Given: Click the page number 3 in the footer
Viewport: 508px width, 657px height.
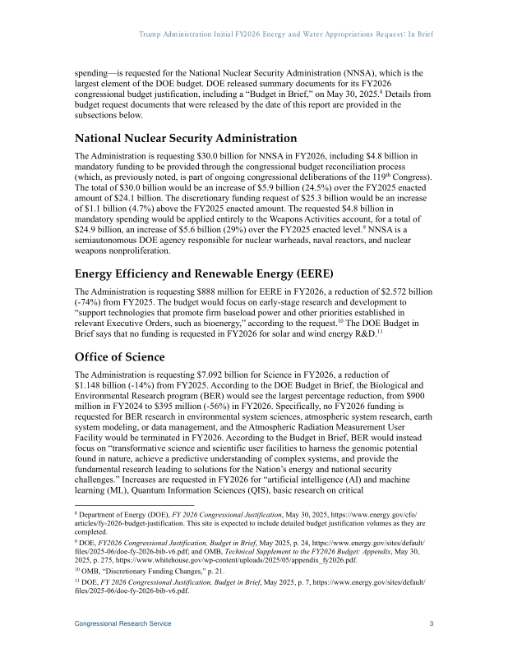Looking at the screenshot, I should coord(432,624).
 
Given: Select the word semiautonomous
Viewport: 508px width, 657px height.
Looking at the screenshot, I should coord(115,241).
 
